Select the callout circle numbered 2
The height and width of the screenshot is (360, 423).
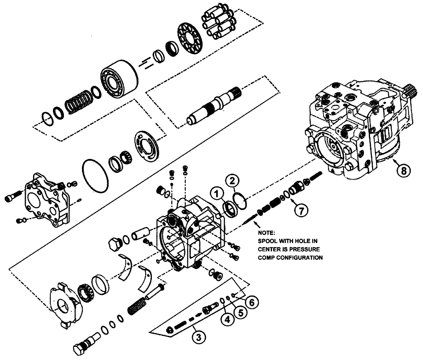coord(232,181)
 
